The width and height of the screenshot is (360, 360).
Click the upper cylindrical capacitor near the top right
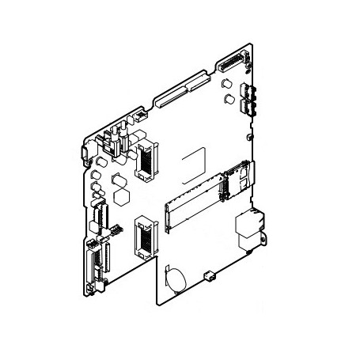[228, 84]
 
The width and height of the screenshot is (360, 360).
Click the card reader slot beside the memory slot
[235, 178]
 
